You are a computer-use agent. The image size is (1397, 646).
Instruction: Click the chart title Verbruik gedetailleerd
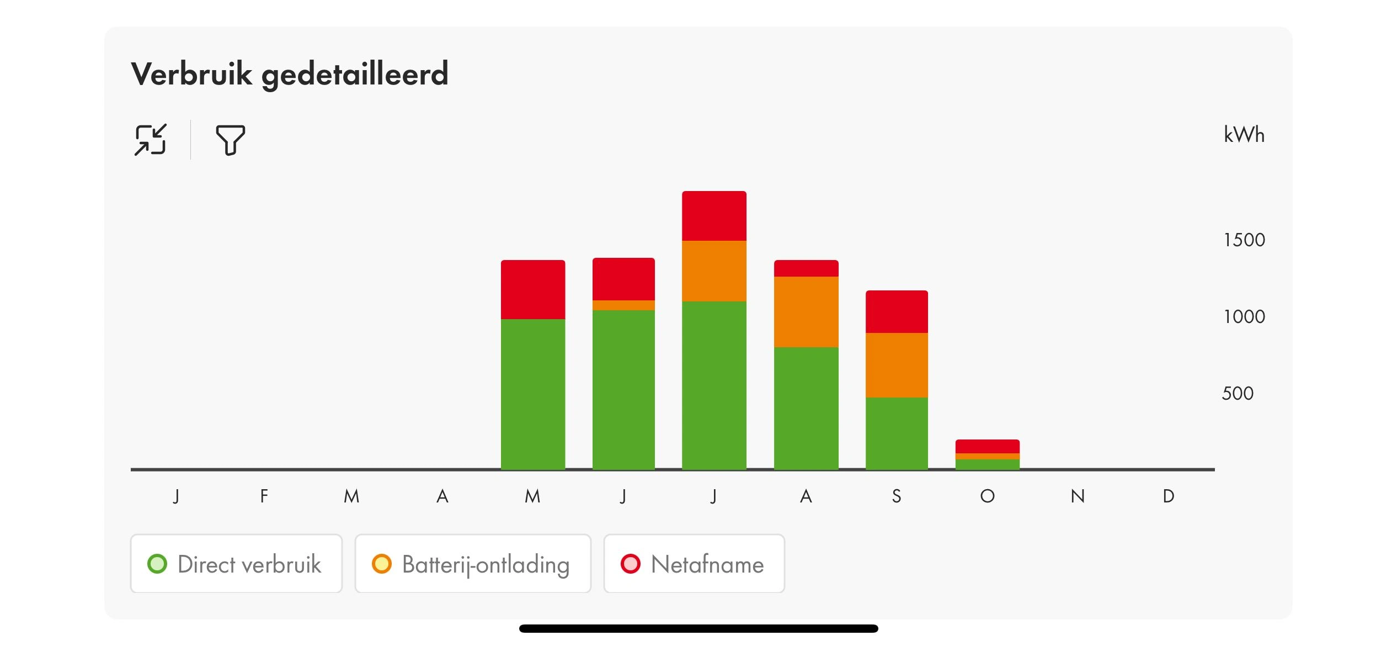tap(289, 74)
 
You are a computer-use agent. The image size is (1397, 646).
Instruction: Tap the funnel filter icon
tap(230, 140)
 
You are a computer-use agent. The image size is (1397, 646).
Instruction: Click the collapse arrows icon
tap(150, 140)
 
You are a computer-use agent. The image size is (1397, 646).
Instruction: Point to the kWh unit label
tap(1244, 135)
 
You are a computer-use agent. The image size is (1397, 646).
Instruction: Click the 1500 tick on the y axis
tap(1244, 240)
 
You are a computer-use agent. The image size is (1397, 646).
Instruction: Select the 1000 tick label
tap(1244, 316)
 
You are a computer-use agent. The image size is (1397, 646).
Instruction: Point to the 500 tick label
tap(1238, 393)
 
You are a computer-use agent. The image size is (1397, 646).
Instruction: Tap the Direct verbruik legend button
tap(236, 564)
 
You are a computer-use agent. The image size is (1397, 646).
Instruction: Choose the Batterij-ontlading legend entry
tap(472, 564)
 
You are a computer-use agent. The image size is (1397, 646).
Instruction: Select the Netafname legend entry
tap(694, 564)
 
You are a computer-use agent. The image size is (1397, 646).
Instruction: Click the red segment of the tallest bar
tap(714, 216)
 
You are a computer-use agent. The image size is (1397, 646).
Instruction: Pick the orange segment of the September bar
tap(897, 365)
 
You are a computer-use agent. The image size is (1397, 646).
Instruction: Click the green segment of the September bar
tap(897, 433)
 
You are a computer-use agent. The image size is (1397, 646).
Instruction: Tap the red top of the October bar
tap(987, 446)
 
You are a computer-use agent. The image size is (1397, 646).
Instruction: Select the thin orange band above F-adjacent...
tap(623, 305)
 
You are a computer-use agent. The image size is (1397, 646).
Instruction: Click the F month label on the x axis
tap(264, 496)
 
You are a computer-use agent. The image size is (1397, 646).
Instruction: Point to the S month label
tap(897, 496)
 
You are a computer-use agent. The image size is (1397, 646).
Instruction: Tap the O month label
tap(987, 496)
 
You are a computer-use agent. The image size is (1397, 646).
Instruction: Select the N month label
tap(1078, 496)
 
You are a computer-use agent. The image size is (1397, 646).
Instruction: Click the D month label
tap(1168, 496)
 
